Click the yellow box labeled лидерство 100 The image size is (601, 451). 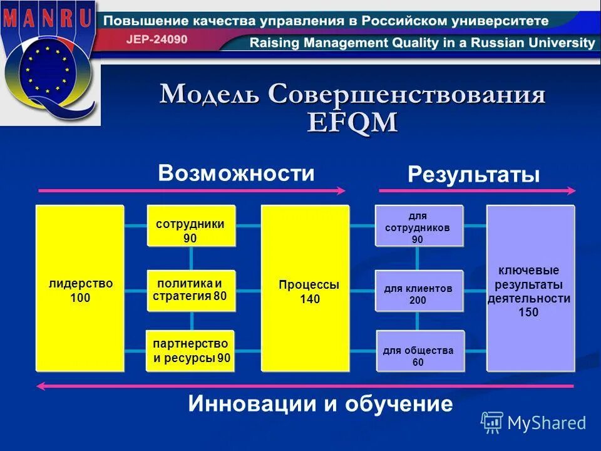80,288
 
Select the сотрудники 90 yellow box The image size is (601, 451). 190,225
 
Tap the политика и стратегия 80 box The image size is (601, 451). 190,291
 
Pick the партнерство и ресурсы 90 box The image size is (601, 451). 190,351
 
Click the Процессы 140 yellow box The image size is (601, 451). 305,288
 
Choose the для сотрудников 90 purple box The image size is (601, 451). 419,226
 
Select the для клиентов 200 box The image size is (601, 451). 419,291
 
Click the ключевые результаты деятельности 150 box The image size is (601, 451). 530,288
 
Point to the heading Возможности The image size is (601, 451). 236,173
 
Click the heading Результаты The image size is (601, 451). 473,175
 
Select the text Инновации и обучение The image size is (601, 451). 320,404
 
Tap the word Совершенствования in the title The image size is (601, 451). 407,95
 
